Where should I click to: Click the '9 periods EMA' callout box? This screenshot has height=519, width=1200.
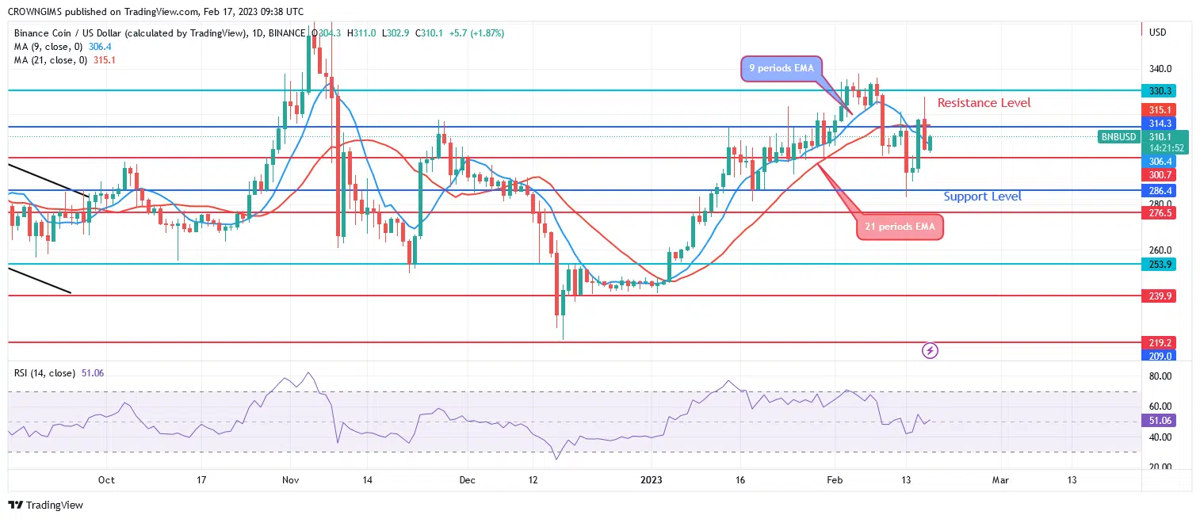[x=782, y=68]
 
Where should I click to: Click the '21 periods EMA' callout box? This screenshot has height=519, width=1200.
[x=900, y=227]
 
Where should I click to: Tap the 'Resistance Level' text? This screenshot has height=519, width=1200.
[x=984, y=103]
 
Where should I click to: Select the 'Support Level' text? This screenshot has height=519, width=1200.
[x=982, y=197]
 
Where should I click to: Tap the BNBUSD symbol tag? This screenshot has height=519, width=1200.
[x=1118, y=137]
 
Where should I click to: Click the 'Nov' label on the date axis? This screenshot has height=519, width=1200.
[x=289, y=480]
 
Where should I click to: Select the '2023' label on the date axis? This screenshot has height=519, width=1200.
[x=652, y=480]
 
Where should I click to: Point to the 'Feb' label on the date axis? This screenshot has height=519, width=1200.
[x=833, y=480]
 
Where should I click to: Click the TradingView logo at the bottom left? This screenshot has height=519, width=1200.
[x=46, y=505]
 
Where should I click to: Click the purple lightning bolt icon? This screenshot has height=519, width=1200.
[x=931, y=349]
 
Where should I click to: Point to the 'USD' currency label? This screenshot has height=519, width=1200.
[x=1157, y=32]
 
